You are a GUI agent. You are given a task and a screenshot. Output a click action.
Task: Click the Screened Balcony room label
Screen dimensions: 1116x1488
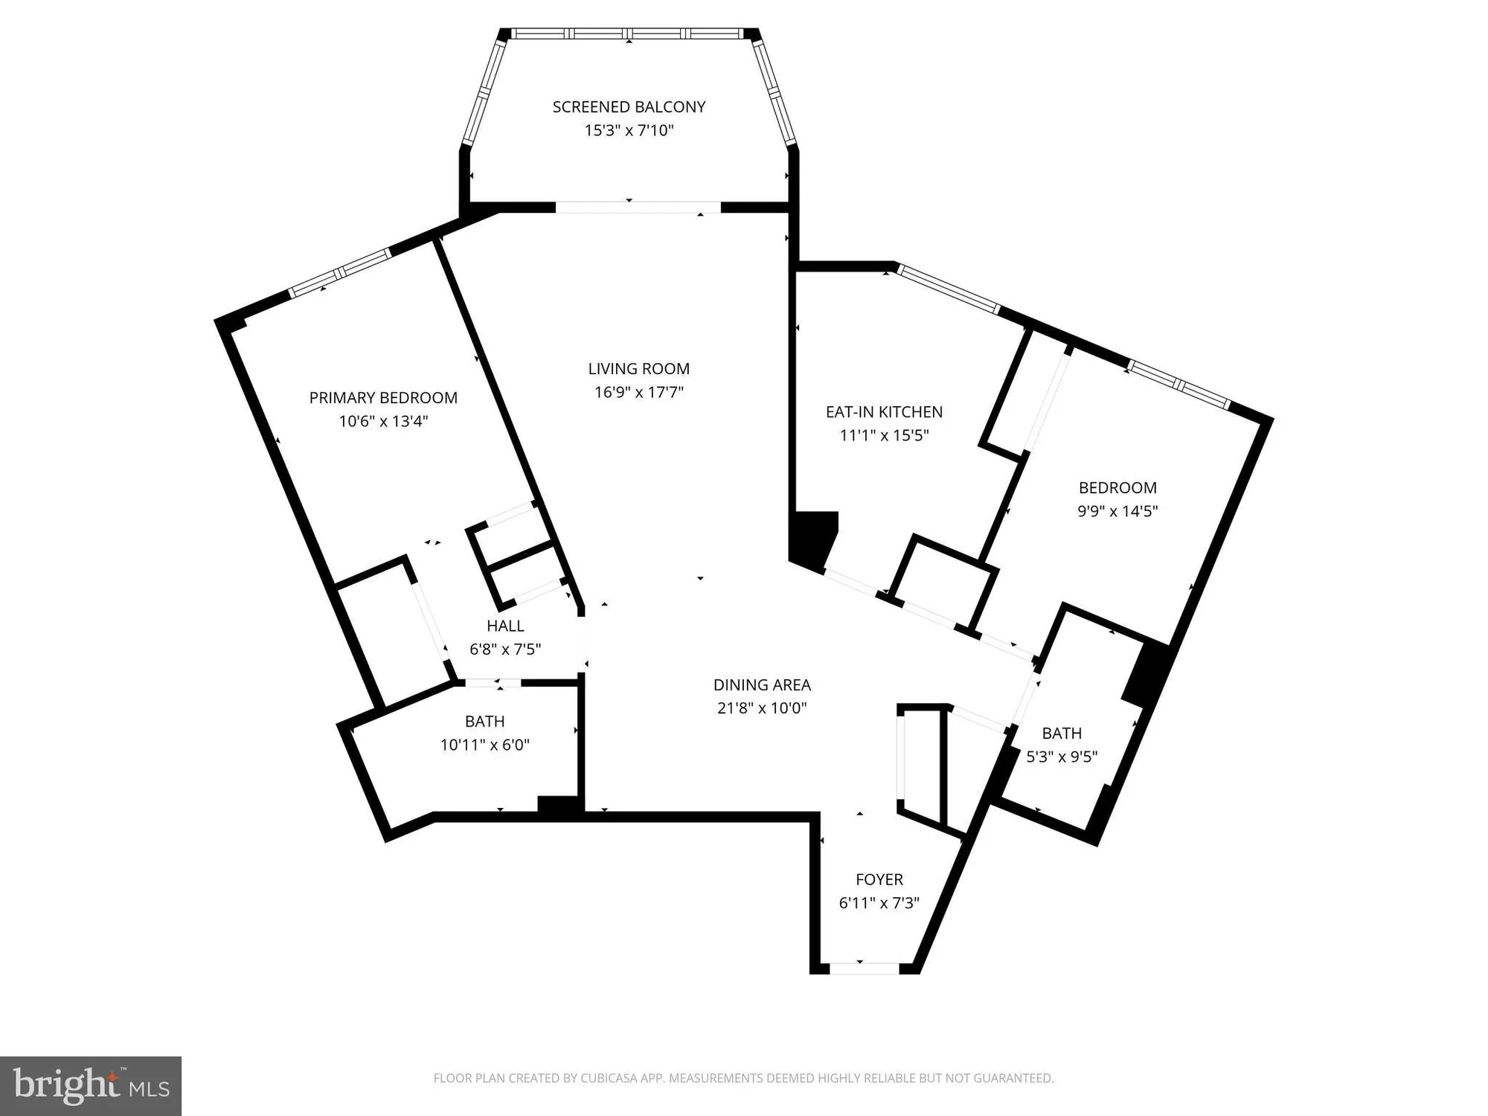click(629, 107)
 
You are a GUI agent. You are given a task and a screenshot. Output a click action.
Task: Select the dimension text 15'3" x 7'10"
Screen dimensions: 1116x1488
click(629, 131)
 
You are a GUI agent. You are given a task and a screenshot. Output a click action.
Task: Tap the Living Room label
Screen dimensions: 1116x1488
click(638, 369)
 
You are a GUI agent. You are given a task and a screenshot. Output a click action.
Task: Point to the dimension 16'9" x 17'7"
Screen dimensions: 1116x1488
click(638, 392)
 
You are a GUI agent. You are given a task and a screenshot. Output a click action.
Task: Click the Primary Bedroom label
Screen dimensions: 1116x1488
click(383, 398)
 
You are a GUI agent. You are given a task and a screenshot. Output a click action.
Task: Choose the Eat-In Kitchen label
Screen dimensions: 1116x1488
click(884, 412)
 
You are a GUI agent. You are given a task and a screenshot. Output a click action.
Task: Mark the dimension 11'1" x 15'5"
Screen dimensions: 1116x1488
click(884, 436)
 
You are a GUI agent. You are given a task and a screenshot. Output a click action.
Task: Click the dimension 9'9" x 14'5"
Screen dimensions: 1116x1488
click(1117, 511)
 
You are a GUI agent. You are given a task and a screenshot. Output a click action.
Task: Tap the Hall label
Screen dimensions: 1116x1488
click(505, 626)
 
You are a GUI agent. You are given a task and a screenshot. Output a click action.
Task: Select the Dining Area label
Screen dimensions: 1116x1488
click(762, 685)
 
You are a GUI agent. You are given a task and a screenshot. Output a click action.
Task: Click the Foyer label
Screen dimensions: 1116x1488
click(879, 879)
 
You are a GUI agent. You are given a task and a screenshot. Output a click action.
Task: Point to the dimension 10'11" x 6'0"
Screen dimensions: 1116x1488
click(484, 745)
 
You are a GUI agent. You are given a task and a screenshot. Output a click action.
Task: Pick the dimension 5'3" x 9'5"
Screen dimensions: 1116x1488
click(1062, 757)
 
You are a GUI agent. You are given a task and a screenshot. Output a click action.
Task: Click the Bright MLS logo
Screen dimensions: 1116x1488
click(91, 1085)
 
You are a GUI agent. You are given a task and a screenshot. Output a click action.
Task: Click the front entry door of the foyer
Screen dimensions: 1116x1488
click(864, 968)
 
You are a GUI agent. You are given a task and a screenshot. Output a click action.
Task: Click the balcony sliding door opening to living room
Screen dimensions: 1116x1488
click(638, 208)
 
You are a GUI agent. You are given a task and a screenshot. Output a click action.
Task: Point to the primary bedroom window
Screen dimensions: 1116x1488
click(339, 273)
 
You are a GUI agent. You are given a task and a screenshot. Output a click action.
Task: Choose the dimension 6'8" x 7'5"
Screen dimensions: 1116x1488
click(505, 650)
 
